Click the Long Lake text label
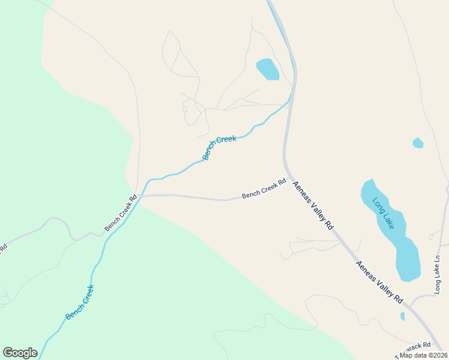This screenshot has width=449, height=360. [x=383, y=214]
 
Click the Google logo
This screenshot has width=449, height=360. [x=20, y=353]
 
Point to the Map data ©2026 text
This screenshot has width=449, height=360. [x=423, y=355]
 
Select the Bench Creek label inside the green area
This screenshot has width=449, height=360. [x=80, y=302]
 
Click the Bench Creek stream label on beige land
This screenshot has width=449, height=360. [x=219, y=148]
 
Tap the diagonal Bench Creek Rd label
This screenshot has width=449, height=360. [x=121, y=212]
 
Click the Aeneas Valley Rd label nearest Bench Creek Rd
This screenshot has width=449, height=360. [x=312, y=207]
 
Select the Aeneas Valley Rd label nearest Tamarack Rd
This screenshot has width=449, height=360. [x=379, y=281]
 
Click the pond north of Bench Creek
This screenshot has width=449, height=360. [x=268, y=69]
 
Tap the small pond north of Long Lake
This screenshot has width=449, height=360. [x=418, y=143]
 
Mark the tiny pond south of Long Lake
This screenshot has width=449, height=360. [x=402, y=316]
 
